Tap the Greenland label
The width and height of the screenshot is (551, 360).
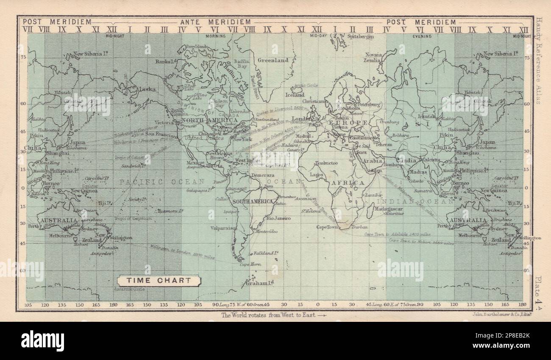tap(273, 60)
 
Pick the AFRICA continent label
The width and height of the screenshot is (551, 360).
tap(349, 182)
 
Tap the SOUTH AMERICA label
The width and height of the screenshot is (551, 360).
tap(252, 201)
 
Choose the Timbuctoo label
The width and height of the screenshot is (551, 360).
tap(326, 163)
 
